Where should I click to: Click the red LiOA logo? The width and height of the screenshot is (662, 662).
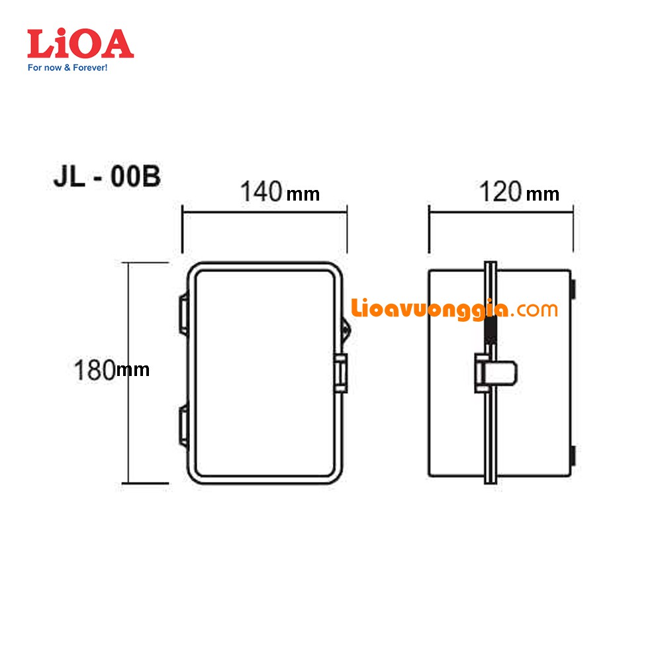(x=80, y=44)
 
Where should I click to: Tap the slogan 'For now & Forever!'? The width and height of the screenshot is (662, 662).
(x=68, y=68)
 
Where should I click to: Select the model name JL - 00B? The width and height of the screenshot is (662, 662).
(x=107, y=176)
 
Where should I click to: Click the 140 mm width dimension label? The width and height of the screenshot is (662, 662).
(x=280, y=192)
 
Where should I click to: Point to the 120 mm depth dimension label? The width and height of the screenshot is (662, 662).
(x=519, y=192)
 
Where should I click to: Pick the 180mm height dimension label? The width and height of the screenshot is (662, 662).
(x=111, y=370)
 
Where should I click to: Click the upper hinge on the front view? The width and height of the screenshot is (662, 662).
(x=184, y=314)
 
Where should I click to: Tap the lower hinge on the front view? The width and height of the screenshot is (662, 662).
(x=184, y=425)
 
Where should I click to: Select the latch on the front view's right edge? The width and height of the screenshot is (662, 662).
(x=340, y=373)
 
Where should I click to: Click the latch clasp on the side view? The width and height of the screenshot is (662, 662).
(x=496, y=373)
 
